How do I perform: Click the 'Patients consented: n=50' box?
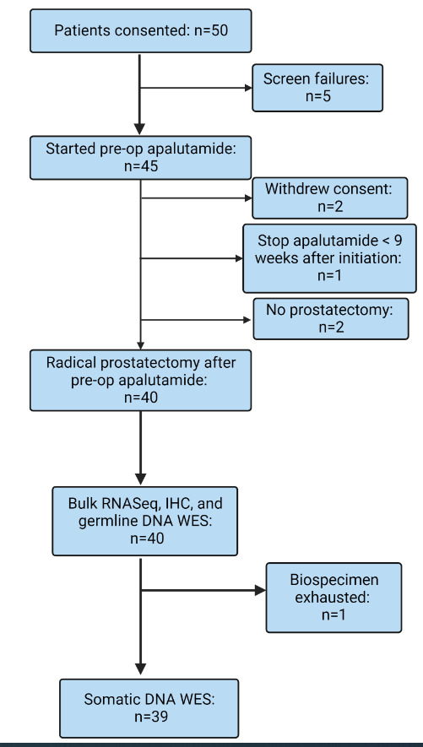[140, 30]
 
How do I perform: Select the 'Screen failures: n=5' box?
[317, 88]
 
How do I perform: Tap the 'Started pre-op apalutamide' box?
[140, 158]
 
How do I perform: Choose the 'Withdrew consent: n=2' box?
[329, 198]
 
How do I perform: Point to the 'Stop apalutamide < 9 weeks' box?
[329, 258]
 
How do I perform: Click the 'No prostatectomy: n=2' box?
[331, 319]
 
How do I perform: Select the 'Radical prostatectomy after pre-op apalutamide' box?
[140, 380]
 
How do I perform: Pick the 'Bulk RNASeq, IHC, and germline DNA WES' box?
[145, 521]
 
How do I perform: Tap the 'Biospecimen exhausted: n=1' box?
[334, 598]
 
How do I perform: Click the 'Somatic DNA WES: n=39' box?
[149, 708]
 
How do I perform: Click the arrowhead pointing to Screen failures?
[248, 88]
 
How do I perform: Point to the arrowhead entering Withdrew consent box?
[248, 198]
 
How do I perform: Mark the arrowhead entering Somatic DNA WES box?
[140, 669]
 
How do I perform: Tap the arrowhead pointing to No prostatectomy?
[247, 320]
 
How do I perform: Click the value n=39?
[149, 717]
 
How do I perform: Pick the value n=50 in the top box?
[211, 30]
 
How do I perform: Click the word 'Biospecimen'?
[334, 580]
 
